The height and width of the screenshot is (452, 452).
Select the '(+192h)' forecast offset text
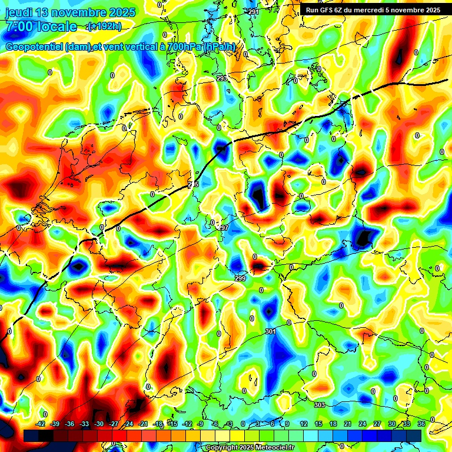pos(104,26)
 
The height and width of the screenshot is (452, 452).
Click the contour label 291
pos(254,12)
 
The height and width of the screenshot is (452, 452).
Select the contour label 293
pos(222,78)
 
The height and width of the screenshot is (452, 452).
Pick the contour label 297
pos(223,228)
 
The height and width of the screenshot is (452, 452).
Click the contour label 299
pos(240,278)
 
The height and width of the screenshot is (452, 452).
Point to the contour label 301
pos(270,332)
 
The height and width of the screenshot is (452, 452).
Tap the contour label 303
pos(320,405)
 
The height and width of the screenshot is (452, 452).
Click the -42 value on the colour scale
pos(41,424)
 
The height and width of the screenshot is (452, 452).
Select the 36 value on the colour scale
pos(421,424)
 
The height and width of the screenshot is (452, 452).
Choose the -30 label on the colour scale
pos(99,424)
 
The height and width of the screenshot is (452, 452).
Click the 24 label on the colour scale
pos(362,424)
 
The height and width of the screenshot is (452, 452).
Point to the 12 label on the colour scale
pos(304,424)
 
